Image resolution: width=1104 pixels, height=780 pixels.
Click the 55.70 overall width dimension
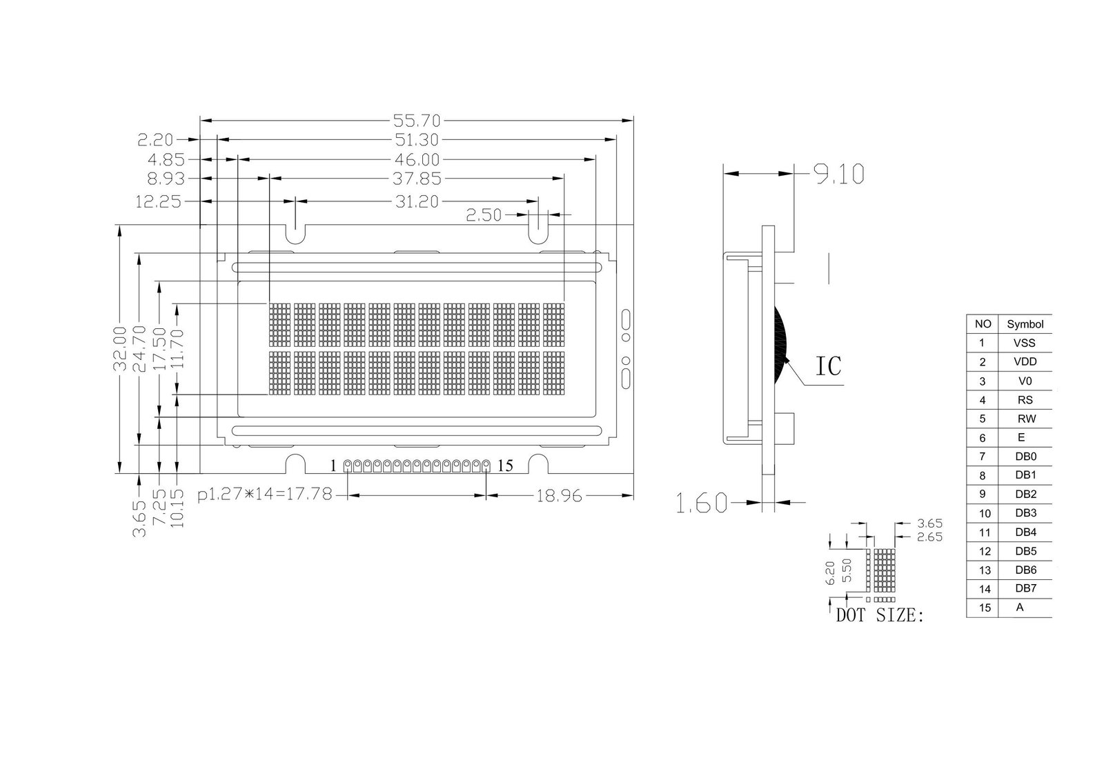417,120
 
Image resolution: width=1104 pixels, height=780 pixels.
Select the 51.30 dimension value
417,140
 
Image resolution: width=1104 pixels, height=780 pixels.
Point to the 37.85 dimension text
417,179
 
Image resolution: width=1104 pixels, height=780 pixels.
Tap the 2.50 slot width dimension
484,215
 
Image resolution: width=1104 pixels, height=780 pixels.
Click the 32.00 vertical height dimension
120,348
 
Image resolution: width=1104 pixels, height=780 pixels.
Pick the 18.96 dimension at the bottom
559,496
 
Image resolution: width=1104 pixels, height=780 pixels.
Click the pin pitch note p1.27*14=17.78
265,494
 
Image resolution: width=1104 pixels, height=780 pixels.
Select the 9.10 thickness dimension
839,174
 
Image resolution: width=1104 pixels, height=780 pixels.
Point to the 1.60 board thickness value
701,503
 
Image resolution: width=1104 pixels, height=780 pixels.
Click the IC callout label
829,366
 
